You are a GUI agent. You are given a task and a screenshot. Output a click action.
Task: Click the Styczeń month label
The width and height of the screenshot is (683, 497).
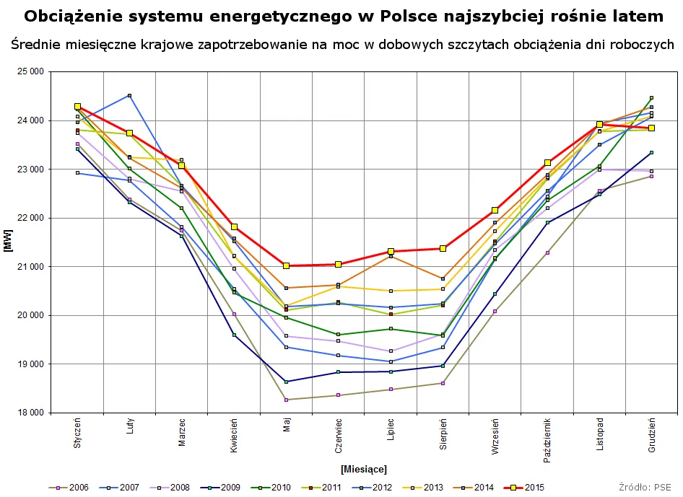click(77, 434)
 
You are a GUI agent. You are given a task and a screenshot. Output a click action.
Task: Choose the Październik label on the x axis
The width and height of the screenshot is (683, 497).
click(547, 439)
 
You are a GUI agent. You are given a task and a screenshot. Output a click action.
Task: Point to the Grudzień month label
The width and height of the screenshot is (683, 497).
click(652, 435)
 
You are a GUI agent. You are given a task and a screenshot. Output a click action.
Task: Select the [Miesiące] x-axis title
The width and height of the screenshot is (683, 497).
click(364, 470)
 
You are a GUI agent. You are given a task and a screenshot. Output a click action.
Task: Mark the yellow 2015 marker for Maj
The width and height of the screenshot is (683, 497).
click(287, 266)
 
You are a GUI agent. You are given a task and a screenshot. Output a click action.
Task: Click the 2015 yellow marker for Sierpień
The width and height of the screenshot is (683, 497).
click(443, 249)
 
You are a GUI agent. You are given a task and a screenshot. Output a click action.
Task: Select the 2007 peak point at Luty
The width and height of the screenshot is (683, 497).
click(129, 95)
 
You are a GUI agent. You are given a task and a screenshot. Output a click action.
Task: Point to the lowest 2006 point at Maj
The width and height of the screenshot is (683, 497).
click(287, 400)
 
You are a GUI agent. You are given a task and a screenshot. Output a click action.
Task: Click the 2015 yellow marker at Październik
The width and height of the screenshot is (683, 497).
click(547, 163)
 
